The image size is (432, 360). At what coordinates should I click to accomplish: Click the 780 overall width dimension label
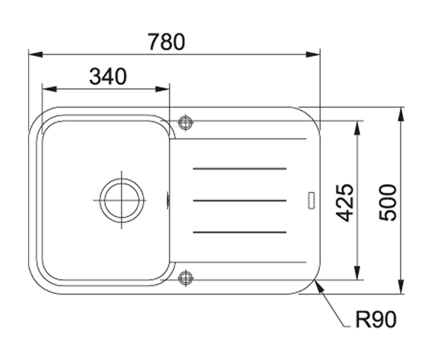pos(167,42)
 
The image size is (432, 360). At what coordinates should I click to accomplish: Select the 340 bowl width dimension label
pos(108,76)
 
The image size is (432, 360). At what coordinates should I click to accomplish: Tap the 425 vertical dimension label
pos(344,203)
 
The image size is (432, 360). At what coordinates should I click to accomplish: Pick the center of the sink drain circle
pos(122,200)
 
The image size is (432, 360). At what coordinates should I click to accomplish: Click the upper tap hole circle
pos(186,122)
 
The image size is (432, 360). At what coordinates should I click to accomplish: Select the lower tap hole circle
pos(186,278)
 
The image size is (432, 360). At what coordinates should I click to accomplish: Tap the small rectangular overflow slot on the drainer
pos(312,200)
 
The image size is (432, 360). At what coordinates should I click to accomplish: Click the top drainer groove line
pos(240,169)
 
